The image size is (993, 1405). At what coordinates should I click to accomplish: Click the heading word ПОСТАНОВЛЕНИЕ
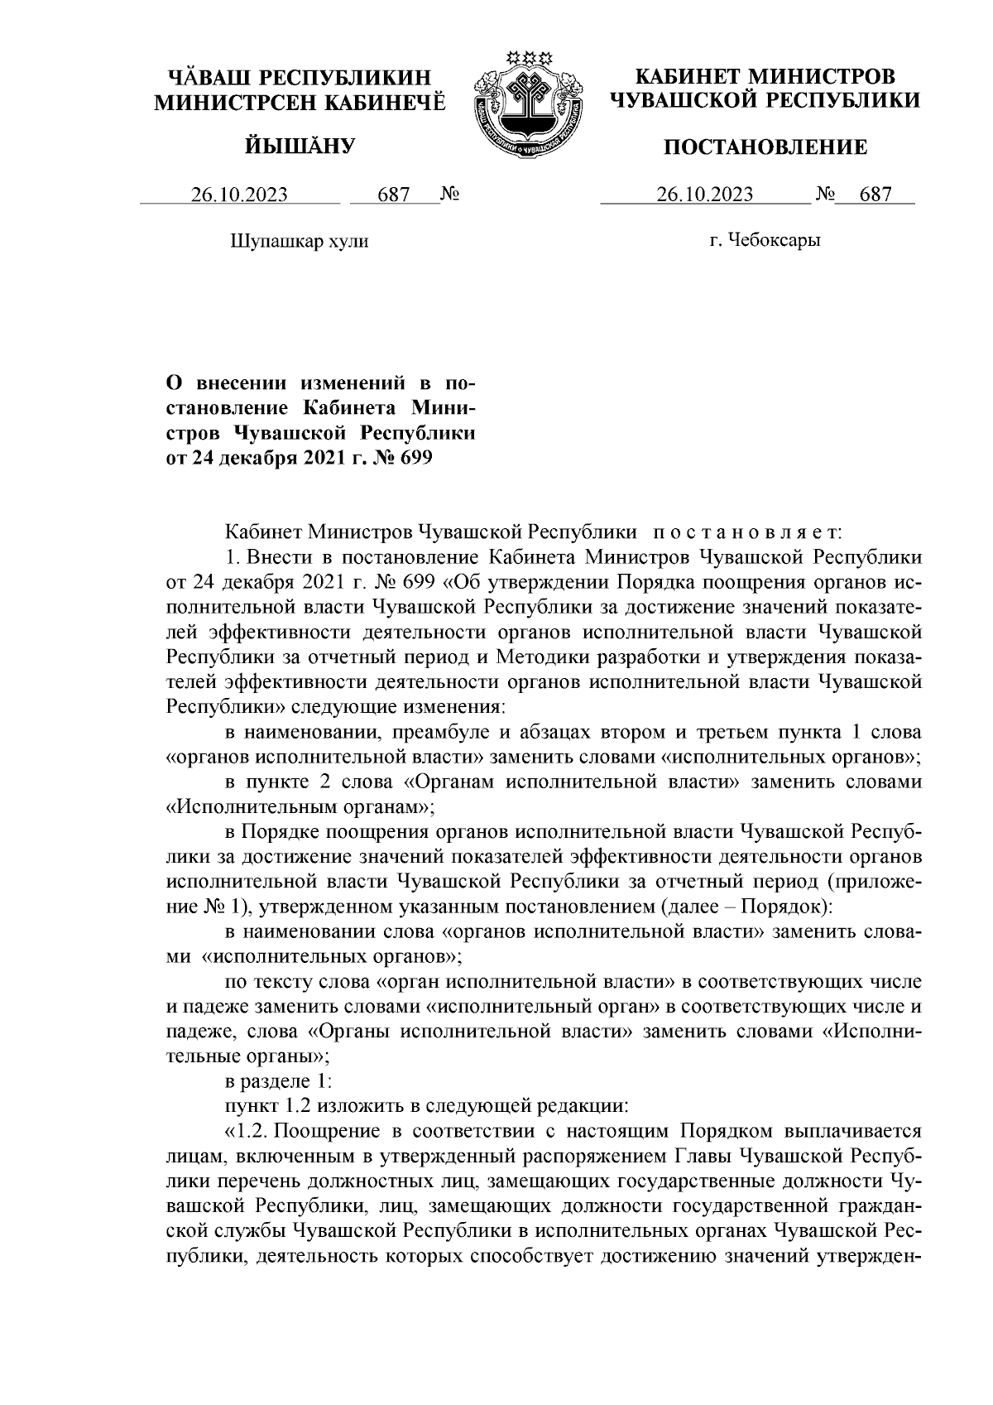tap(766, 147)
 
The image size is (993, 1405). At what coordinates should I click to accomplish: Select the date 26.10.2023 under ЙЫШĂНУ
tap(239, 195)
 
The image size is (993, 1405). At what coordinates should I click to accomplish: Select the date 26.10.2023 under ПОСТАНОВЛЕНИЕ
tap(704, 195)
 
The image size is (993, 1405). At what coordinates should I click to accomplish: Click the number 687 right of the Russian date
tap(875, 195)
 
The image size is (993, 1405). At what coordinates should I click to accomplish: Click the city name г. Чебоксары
tap(765, 241)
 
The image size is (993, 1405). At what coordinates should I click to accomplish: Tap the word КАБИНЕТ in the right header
tap(686, 78)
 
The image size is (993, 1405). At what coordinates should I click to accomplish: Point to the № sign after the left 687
tap(450, 195)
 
